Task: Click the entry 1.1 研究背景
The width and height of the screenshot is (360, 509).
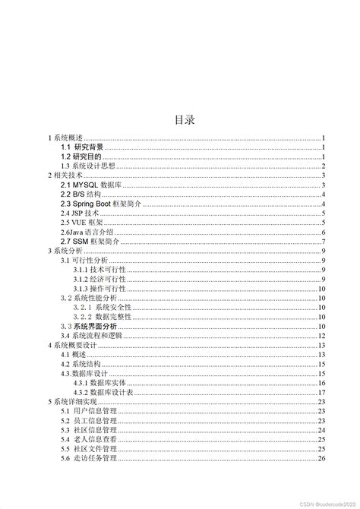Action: [83, 147]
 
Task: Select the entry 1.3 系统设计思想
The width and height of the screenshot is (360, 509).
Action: [91, 166]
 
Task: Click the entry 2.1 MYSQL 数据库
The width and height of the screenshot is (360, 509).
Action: [96, 185]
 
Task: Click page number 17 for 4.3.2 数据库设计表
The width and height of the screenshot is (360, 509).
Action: [322, 392]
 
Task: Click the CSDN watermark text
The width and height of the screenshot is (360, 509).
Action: [323, 501]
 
